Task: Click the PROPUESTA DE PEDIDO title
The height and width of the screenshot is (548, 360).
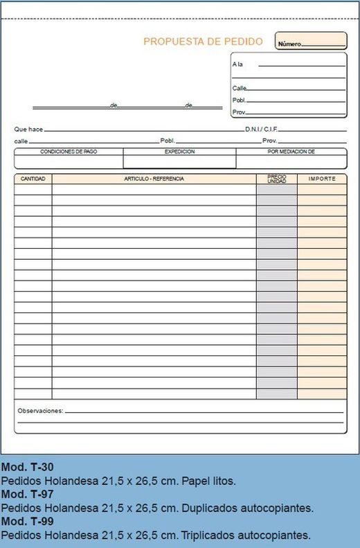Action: tap(203, 42)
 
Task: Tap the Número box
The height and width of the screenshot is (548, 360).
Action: tap(311, 42)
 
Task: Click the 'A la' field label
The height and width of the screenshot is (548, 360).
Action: tap(237, 64)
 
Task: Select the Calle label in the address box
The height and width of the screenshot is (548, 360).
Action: tap(240, 88)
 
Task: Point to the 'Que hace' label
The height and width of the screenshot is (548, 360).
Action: tap(28, 130)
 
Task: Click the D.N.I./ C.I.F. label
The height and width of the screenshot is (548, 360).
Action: tap(260, 130)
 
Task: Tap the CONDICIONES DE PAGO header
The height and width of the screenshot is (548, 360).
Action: tap(69, 151)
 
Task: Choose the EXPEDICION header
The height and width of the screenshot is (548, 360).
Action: tap(179, 151)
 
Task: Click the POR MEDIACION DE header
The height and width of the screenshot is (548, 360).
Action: tap(291, 151)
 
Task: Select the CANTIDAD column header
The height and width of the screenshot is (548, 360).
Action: tap(33, 179)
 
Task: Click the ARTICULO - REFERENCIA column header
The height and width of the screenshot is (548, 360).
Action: tap(154, 179)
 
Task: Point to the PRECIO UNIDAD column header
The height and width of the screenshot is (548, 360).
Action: tap(276, 179)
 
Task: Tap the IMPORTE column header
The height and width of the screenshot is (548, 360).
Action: tap(322, 179)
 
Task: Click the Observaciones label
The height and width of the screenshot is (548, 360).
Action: tap(40, 411)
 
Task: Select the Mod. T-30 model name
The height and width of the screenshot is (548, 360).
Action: tap(28, 467)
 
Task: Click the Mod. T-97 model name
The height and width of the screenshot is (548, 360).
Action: tap(28, 494)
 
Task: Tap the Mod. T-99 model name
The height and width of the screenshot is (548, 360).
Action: tap(28, 521)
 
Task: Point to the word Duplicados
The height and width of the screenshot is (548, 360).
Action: tap(206, 508)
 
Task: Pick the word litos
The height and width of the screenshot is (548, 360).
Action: tap(222, 480)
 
